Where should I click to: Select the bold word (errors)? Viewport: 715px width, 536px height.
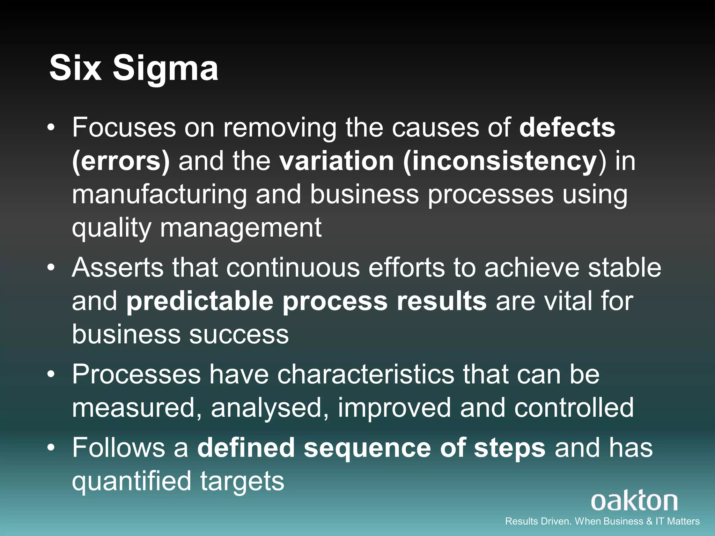coord(121,161)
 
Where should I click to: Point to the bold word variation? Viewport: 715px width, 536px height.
coord(337,161)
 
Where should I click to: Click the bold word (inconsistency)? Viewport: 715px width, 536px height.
coord(500,161)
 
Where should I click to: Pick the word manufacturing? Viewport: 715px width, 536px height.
coord(160,195)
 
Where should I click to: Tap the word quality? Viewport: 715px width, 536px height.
coord(111,228)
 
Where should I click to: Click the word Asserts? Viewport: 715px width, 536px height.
coord(118,268)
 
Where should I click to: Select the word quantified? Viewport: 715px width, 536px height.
coord(132,481)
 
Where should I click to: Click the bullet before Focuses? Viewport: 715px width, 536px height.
coord(51,128)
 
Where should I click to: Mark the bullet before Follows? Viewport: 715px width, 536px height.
coord(51,448)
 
